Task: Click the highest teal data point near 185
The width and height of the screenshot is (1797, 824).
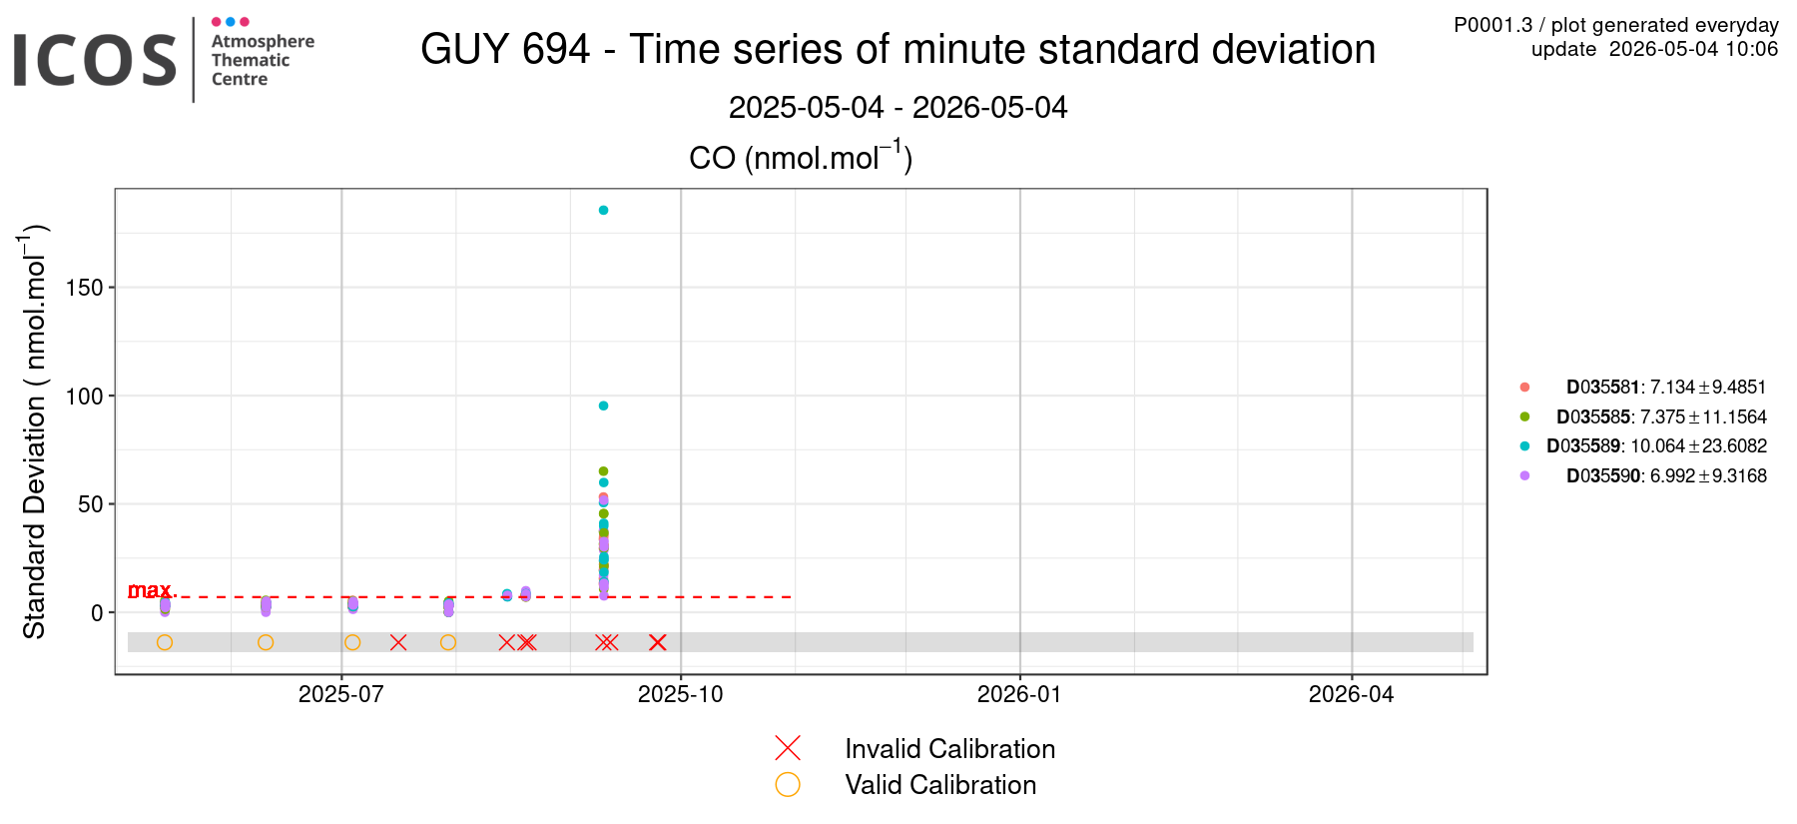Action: (603, 211)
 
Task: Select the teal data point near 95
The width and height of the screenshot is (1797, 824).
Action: (603, 406)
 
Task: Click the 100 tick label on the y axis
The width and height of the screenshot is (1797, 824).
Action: (85, 397)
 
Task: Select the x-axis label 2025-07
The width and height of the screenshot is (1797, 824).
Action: (341, 694)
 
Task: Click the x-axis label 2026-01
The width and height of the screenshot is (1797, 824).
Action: (1019, 694)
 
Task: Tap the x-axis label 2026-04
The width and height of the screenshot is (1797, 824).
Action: (1351, 694)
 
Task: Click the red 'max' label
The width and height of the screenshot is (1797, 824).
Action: (151, 590)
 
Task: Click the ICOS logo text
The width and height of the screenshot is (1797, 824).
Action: (95, 60)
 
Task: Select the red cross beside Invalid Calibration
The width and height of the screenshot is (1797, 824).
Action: (788, 748)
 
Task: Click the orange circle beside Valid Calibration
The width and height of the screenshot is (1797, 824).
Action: (788, 785)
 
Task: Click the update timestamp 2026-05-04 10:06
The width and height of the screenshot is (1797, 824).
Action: (1694, 49)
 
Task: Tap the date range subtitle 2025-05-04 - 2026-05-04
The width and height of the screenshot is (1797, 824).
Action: (898, 107)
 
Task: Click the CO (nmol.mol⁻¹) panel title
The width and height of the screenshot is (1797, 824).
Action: (801, 157)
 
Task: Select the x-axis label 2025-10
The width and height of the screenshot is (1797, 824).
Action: (681, 694)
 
